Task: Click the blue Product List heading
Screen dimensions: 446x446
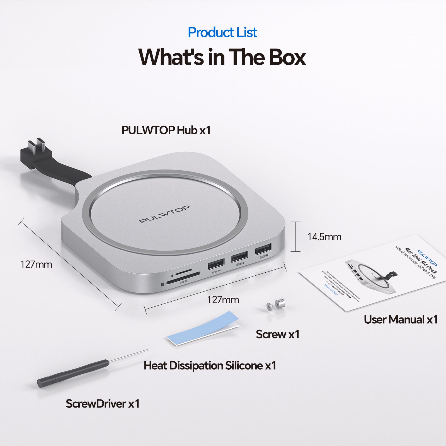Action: [222, 32]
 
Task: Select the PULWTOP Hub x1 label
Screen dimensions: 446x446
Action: [166, 130]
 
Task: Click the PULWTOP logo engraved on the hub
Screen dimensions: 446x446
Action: [164, 214]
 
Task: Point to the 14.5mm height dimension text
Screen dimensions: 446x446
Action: [324, 237]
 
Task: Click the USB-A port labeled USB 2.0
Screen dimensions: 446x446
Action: [216, 264]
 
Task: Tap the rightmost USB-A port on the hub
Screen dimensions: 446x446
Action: [263, 249]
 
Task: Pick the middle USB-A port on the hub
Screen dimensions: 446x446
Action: [239, 256]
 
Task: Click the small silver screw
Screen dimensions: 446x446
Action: [275, 304]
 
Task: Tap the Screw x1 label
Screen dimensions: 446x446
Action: [277, 334]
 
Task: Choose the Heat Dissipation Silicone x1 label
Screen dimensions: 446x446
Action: [210, 365]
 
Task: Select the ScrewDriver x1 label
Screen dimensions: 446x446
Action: [103, 404]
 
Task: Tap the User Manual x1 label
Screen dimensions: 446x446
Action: [401, 319]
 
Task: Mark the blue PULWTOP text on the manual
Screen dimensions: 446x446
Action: [427, 258]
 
